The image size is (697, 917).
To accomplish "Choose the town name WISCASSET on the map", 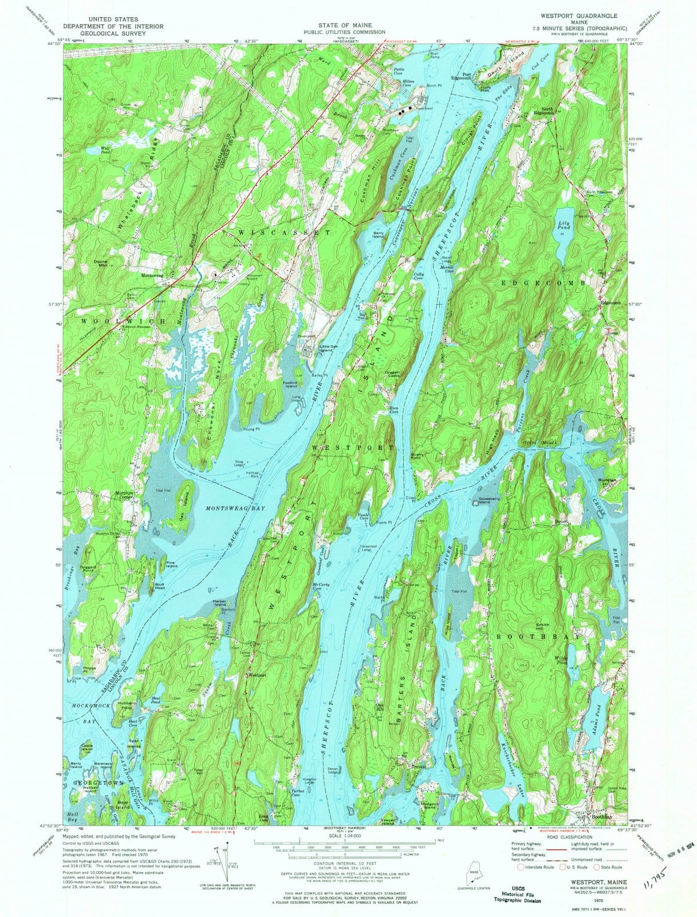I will click(x=284, y=233).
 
